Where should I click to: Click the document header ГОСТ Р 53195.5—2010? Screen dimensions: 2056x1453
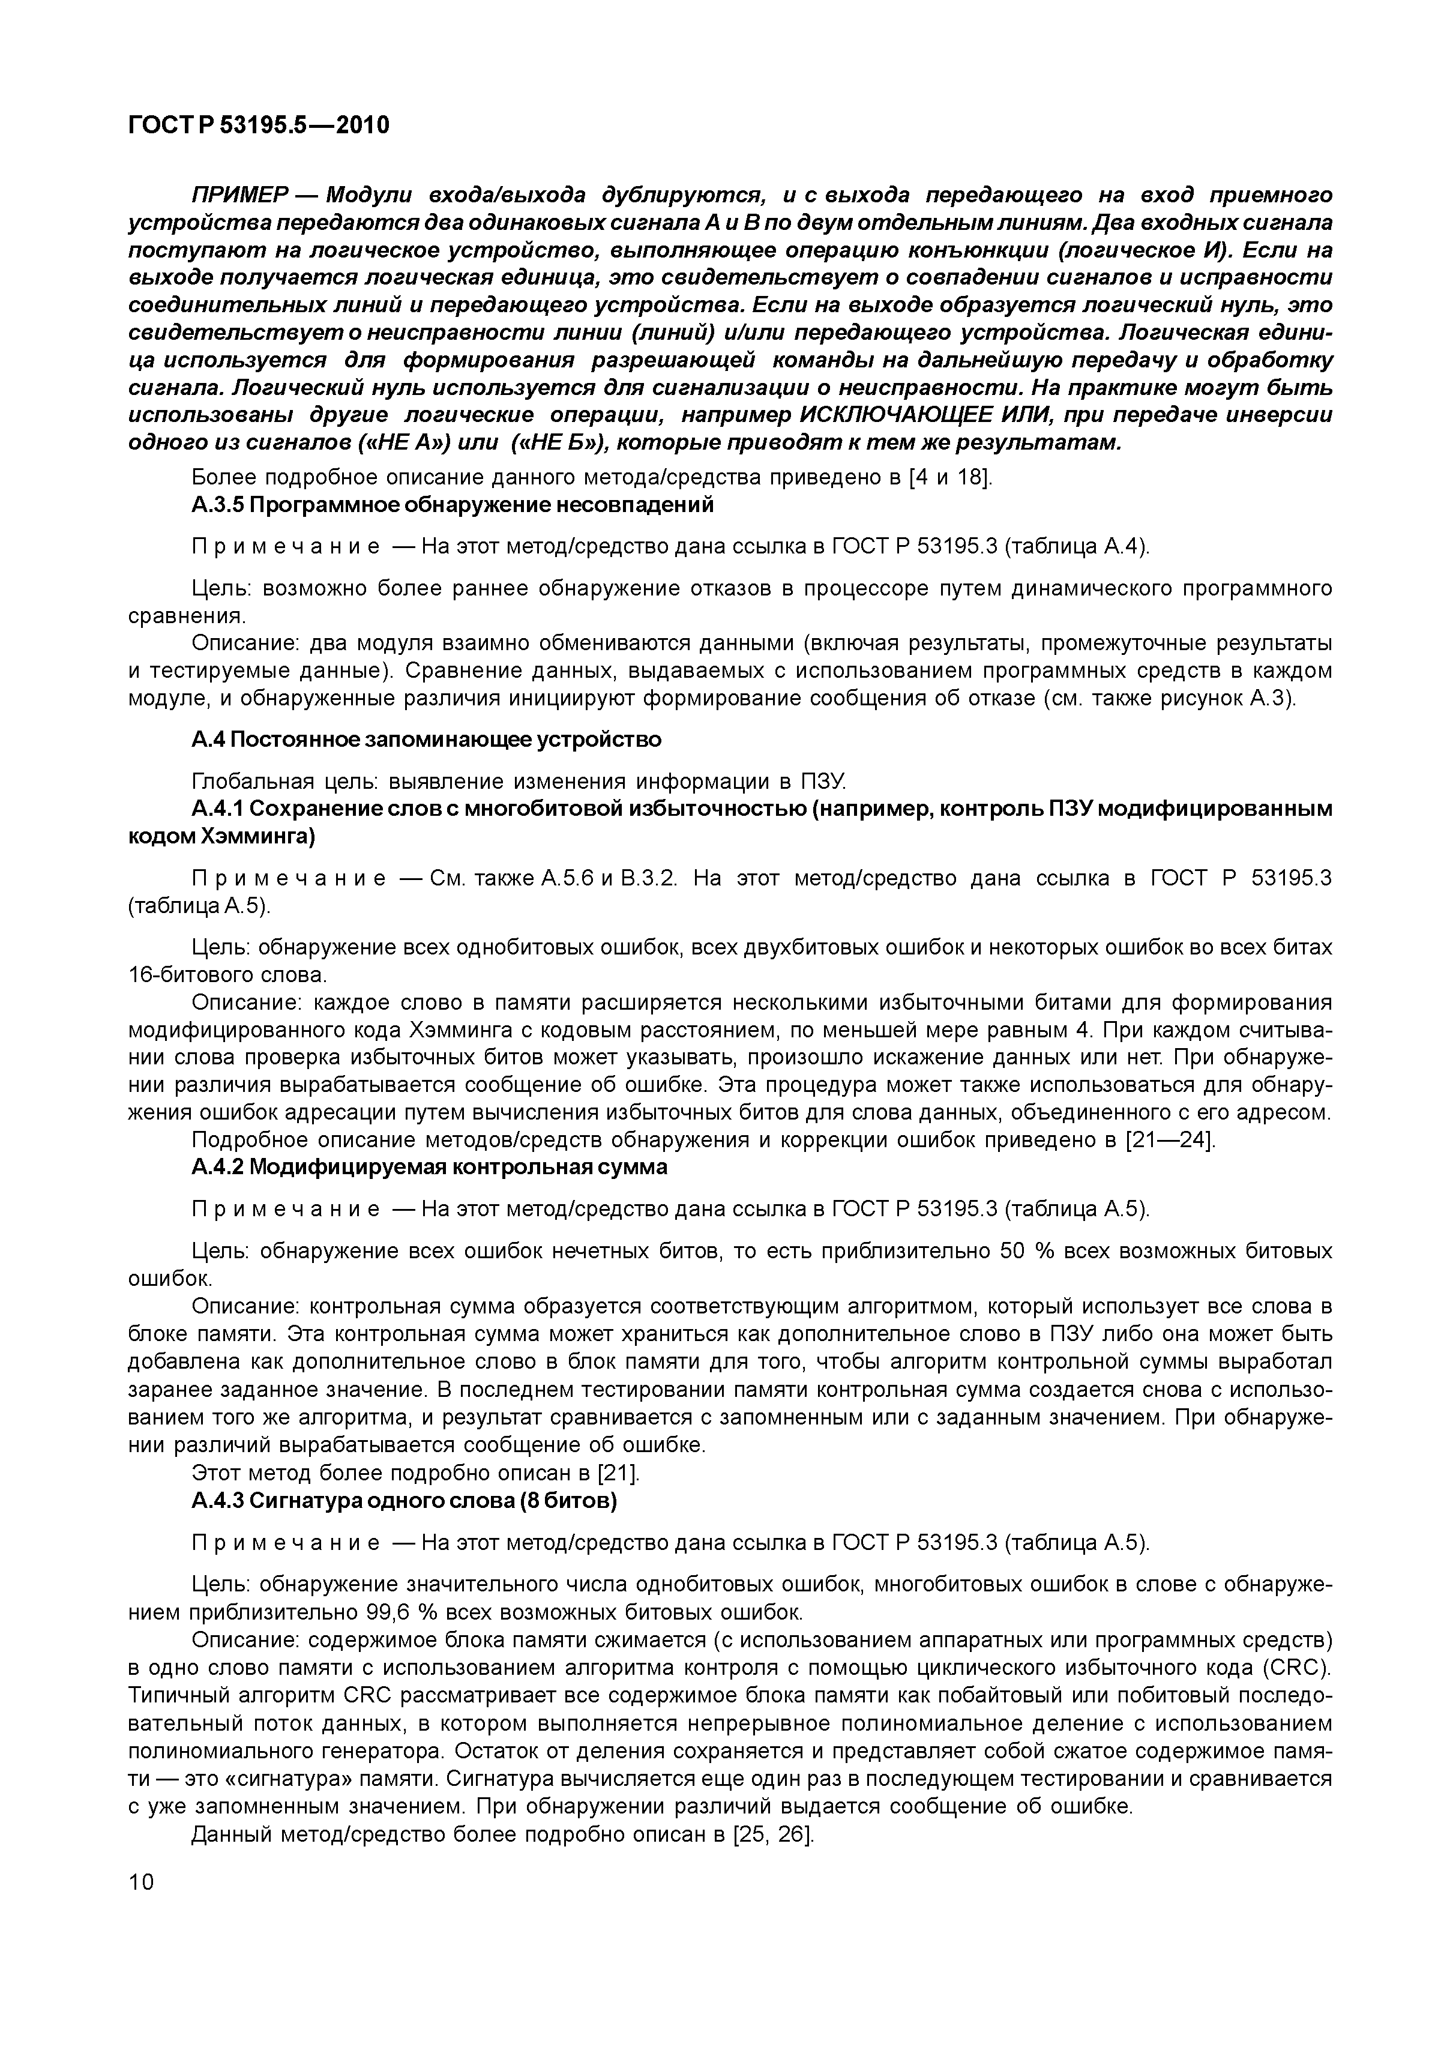[259, 125]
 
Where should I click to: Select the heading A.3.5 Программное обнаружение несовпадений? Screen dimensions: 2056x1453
[452, 505]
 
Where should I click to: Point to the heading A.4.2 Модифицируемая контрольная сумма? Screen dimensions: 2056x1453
[430, 1168]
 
